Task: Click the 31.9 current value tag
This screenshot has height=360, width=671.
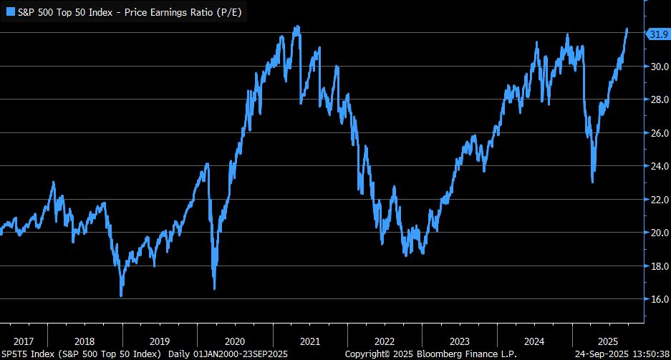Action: [x=657, y=34]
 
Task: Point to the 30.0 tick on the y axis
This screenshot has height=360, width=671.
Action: [x=658, y=67]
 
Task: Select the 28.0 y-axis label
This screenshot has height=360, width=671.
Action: [x=658, y=100]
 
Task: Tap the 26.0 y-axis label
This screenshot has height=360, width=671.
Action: [x=658, y=133]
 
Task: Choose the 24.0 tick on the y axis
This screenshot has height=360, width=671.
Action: [x=658, y=166]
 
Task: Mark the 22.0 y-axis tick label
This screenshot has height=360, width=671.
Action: [x=658, y=200]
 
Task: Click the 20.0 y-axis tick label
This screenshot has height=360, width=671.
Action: [x=658, y=233]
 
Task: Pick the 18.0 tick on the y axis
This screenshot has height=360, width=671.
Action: [x=658, y=266]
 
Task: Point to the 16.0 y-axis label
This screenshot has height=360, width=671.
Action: [x=658, y=299]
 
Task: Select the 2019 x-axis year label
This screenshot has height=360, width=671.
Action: [x=160, y=341]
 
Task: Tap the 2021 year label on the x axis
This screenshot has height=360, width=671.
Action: [x=310, y=341]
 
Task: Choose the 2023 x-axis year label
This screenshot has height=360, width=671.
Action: [x=460, y=341]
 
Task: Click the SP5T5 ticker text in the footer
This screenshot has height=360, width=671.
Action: [x=16, y=354]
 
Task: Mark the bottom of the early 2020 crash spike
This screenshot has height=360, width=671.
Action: [x=214, y=288]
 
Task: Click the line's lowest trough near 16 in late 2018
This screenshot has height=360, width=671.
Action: [x=121, y=295]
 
